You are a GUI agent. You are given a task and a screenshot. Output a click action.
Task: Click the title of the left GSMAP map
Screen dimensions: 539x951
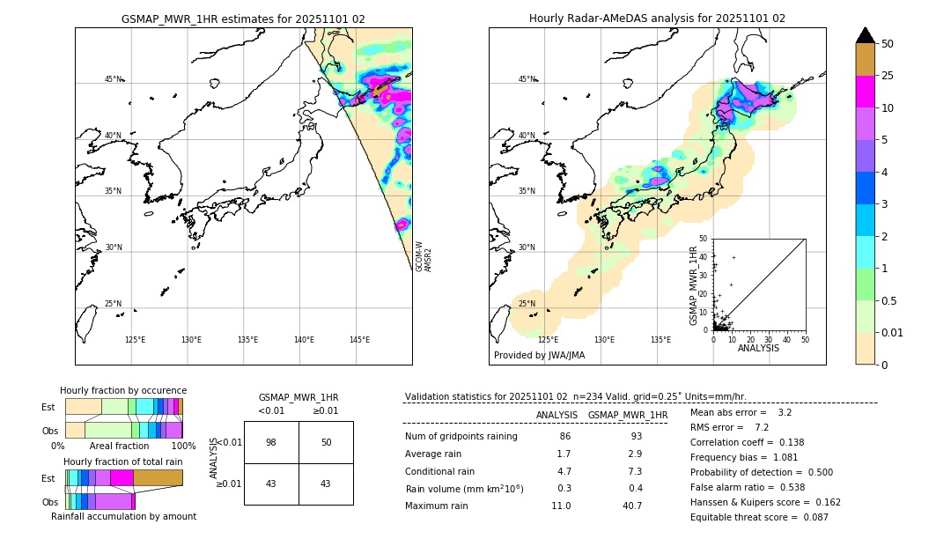click(x=243, y=18)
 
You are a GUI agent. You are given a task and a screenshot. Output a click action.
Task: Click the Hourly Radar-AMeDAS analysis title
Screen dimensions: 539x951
click(x=657, y=18)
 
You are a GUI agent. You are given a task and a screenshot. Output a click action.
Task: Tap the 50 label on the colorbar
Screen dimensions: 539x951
click(x=888, y=43)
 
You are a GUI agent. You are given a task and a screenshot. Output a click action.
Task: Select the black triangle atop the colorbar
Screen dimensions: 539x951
click(x=866, y=35)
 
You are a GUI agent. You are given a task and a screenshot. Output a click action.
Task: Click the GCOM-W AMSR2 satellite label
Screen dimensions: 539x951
click(x=424, y=256)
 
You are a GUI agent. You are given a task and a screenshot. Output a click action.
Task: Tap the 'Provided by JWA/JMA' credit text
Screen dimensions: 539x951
click(x=539, y=355)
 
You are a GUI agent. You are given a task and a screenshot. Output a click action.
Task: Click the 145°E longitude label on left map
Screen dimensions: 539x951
click(x=359, y=340)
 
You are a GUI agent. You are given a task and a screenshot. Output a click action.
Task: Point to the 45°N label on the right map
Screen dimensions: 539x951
click(x=526, y=79)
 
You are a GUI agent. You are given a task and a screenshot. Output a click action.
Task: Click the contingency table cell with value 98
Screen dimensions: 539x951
click(x=271, y=442)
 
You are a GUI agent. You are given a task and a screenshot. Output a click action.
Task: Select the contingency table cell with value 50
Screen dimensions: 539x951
click(x=326, y=442)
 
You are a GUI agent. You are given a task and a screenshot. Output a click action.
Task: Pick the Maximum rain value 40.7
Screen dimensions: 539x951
click(x=631, y=506)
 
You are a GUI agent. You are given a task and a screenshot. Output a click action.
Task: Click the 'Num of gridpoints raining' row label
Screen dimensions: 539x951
click(x=461, y=437)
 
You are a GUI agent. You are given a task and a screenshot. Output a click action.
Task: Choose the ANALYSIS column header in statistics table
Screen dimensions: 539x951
click(x=557, y=415)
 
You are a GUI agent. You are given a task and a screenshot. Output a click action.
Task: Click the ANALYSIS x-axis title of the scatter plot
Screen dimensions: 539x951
click(x=758, y=348)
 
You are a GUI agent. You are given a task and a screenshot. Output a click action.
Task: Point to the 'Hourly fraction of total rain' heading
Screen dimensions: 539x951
click(x=123, y=461)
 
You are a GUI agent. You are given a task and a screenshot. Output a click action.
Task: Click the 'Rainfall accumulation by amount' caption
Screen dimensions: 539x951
click(x=123, y=516)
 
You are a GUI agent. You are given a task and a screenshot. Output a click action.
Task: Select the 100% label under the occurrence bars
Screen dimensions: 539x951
click(x=183, y=446)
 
